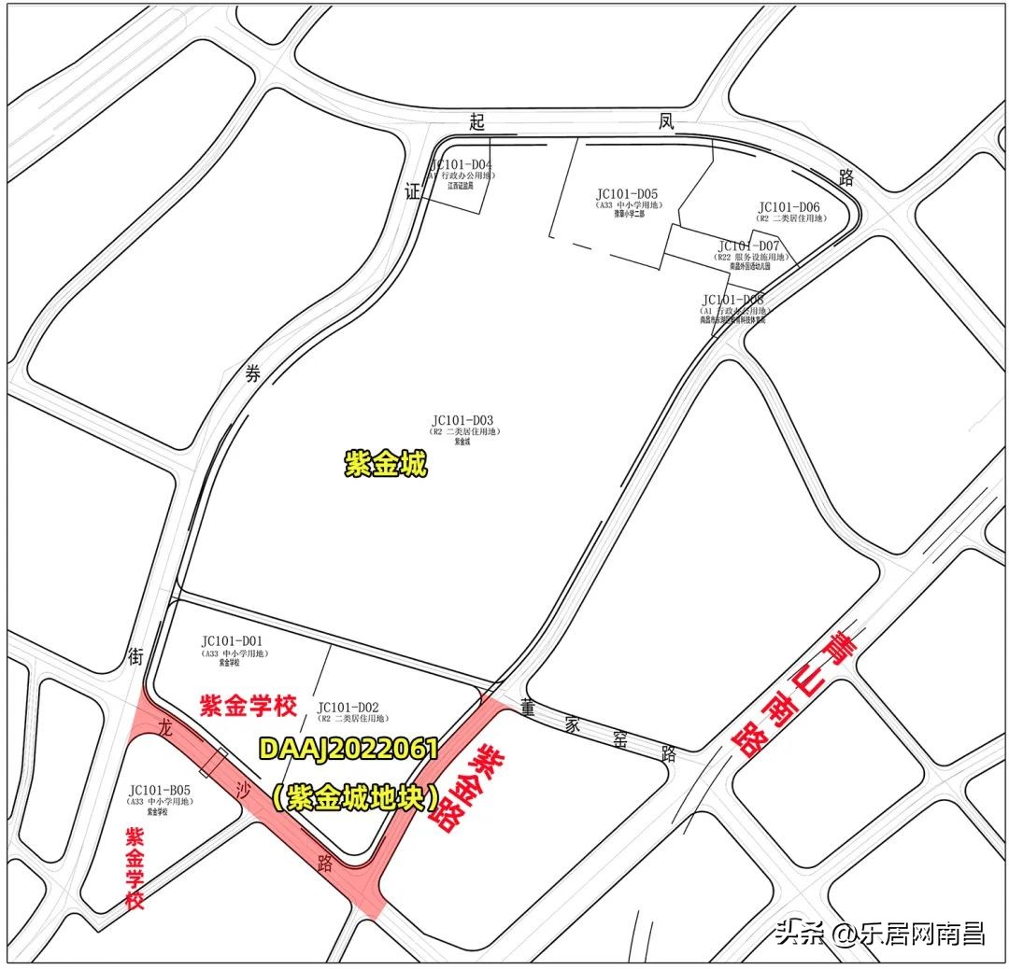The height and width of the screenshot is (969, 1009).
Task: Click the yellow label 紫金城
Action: [386, 464]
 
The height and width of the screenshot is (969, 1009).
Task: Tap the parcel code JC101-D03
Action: [462, 421]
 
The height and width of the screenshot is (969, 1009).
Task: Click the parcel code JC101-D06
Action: [789, 207]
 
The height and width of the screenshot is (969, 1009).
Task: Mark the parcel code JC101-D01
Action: [232, 641]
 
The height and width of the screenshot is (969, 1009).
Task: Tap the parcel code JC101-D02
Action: [348, 708]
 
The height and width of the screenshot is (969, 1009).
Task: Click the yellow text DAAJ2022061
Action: [348, 749]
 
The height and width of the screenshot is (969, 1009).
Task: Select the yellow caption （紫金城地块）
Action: [356, 798]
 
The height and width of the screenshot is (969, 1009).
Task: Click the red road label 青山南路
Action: [795, 692]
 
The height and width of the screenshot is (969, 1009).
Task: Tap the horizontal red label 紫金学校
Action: [249, 705]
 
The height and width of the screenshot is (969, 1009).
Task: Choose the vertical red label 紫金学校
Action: [136, 867]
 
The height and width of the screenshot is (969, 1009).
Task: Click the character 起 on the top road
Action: [477, 121]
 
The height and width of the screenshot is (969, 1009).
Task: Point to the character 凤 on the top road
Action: [665, 121]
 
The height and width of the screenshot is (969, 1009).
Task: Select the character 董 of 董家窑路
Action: [529, 709]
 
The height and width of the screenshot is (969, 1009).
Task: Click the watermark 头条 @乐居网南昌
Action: [878, 933]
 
